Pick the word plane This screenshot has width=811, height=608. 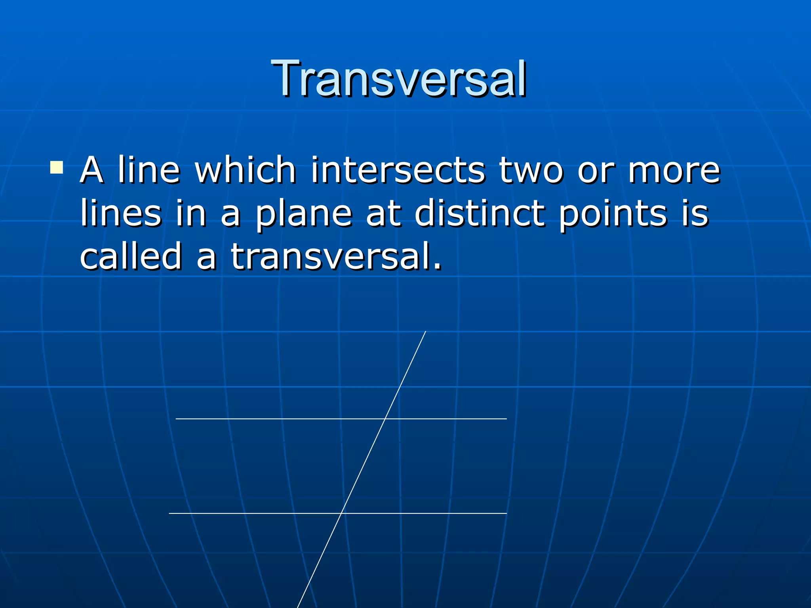[303, 214]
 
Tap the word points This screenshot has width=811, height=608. [613, 214]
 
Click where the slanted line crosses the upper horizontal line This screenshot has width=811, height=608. [385, 418]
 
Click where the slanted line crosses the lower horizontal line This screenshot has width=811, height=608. [341, 513]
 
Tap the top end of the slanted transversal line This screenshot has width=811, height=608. [425, 332]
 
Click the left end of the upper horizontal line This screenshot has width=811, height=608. [177, 418]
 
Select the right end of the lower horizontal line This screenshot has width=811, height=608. [506, 513]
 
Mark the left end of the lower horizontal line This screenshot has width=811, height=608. [170, 513]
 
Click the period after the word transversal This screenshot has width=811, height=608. [437, 267]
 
